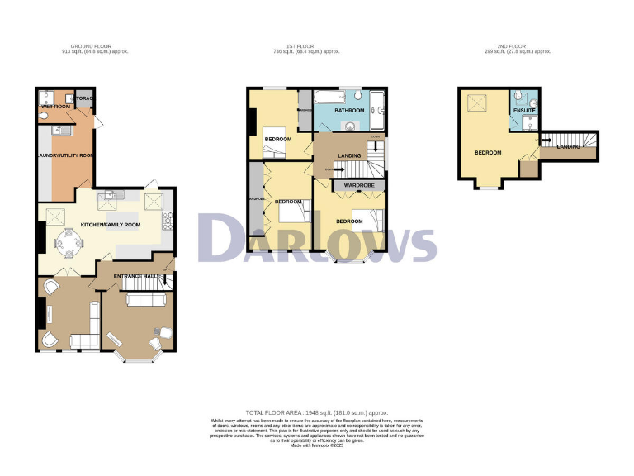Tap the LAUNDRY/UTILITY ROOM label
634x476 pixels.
[65, 155]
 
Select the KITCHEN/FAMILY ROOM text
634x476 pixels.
[109, 224]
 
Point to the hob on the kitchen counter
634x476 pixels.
[168, 220]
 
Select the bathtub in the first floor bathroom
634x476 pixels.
[377, 112]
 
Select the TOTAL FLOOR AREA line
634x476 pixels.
[317, 412]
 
